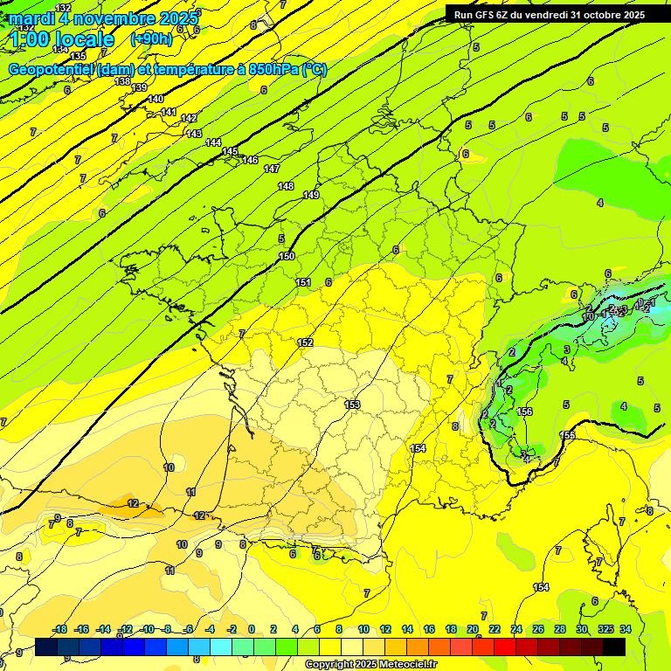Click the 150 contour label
point(287,256)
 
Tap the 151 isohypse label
point(303,282)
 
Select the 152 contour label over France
point(305,342)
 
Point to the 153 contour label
point(352,404)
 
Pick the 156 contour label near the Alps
point(524,412)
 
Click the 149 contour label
point(311,195)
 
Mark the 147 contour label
point(272,169)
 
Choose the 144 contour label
point(213,142)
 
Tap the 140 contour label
point(156,99)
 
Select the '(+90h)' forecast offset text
point(151,38)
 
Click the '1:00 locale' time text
point(63,39)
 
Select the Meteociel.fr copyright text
point(371,665)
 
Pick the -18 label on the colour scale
point(59,629)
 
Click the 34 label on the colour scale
point(625,629)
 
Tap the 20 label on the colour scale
point(473,629)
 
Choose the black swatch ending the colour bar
point(614,647)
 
